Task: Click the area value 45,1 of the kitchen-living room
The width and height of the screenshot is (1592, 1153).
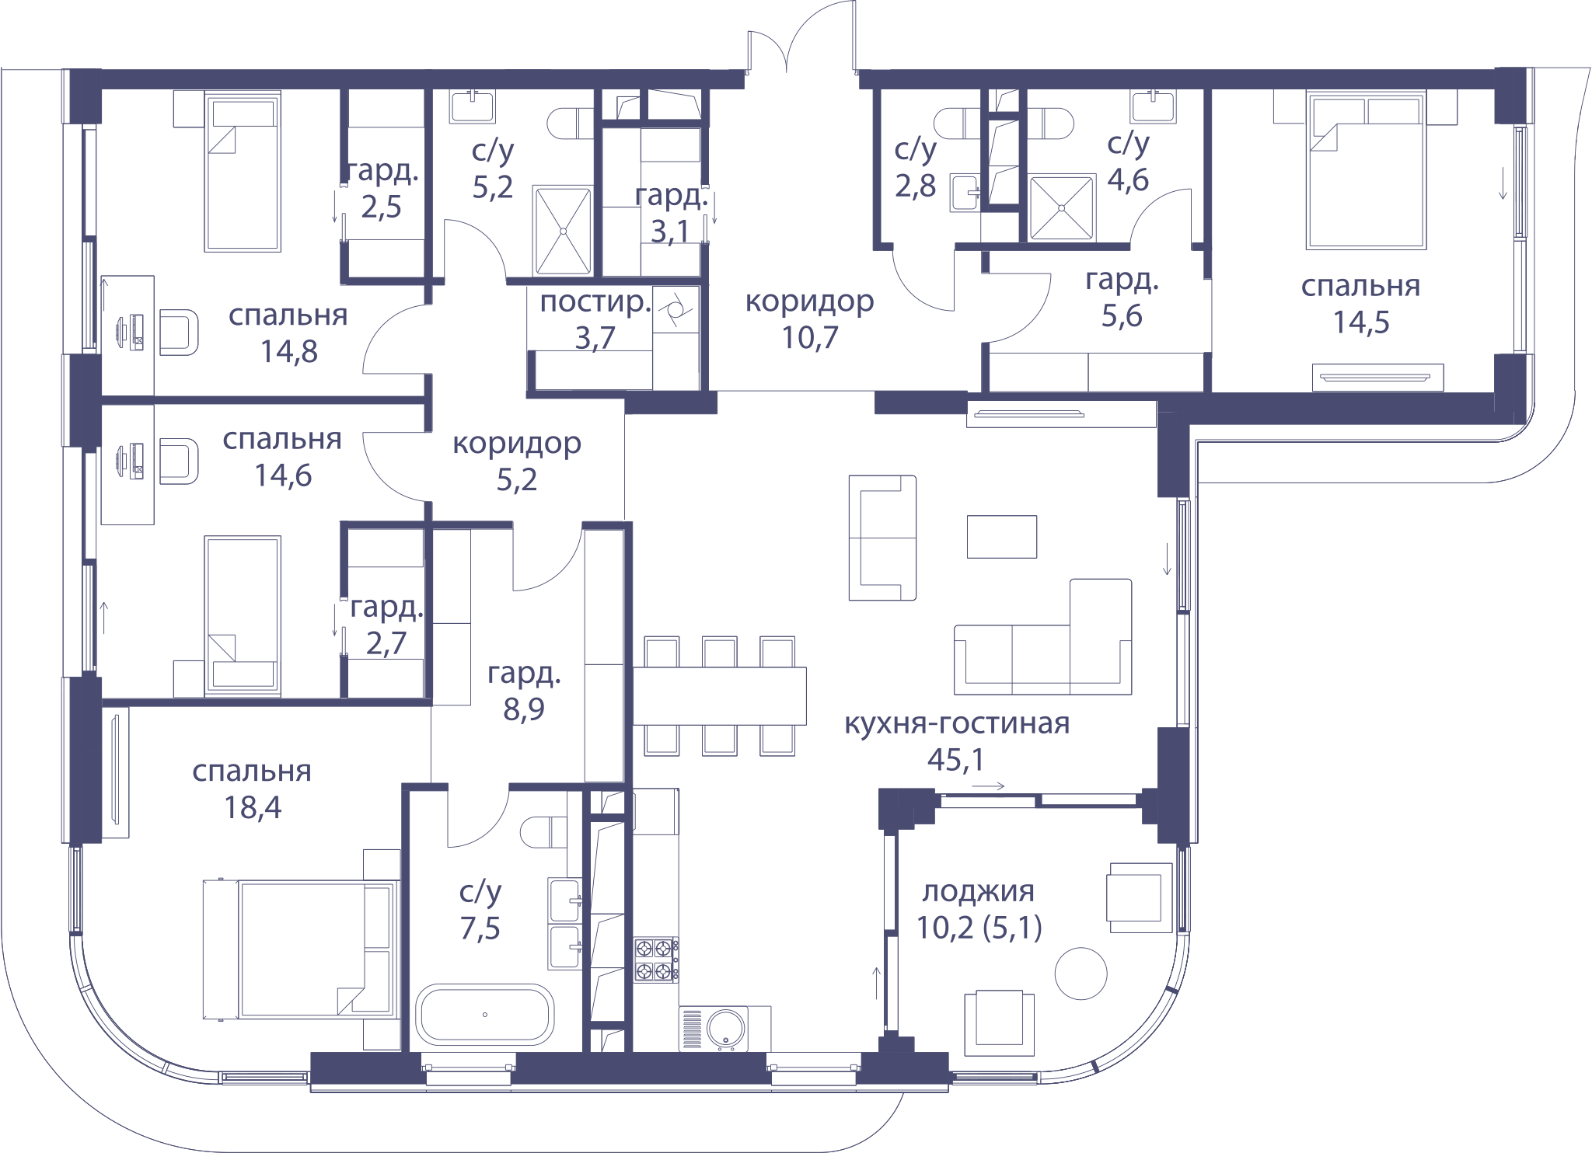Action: point(955,759)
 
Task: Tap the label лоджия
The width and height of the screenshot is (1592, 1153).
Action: point(978,891)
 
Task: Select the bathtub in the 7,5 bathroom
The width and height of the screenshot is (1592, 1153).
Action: point(485,1015)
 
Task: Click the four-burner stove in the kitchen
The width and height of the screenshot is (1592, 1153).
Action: point(655,959)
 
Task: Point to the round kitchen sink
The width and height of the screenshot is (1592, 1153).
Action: point(727,1029)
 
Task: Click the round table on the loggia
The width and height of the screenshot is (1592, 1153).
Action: point(1081,974)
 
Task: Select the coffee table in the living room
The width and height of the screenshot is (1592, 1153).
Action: point(1002,537)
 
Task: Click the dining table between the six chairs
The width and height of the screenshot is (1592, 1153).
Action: point(719,696)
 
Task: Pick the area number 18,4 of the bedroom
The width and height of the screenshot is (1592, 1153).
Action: point(253,807)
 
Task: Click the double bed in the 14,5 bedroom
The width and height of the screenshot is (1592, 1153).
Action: point(1367,170)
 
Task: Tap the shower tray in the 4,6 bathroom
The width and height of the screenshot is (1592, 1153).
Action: point(1062,208)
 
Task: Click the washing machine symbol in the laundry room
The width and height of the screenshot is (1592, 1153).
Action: point(676,310)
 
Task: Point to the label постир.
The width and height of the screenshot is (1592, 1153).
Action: point(595,301)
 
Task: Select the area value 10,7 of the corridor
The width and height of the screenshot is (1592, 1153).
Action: point(810,337)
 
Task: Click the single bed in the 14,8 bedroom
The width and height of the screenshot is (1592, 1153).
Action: point(243,172)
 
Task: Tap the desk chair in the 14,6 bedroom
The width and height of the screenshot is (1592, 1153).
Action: point(180,461)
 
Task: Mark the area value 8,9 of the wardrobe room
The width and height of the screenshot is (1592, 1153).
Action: point(524,709)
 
